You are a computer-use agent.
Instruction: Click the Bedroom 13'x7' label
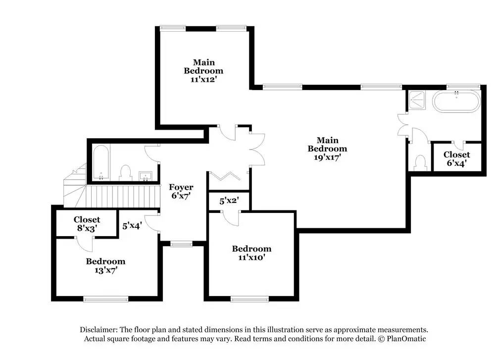point(105,265)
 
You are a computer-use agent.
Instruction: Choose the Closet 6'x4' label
point(456,158)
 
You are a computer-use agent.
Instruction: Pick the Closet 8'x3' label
point(87,223)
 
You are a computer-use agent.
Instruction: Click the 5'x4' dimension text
point(132,225)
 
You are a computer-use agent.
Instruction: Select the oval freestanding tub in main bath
point(456,102)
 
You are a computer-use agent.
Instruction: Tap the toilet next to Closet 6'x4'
point(420,163)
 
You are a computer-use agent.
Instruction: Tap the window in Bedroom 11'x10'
point(249,298)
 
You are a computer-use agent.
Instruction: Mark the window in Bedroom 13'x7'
point(105,298)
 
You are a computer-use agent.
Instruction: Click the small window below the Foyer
point(181,243)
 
